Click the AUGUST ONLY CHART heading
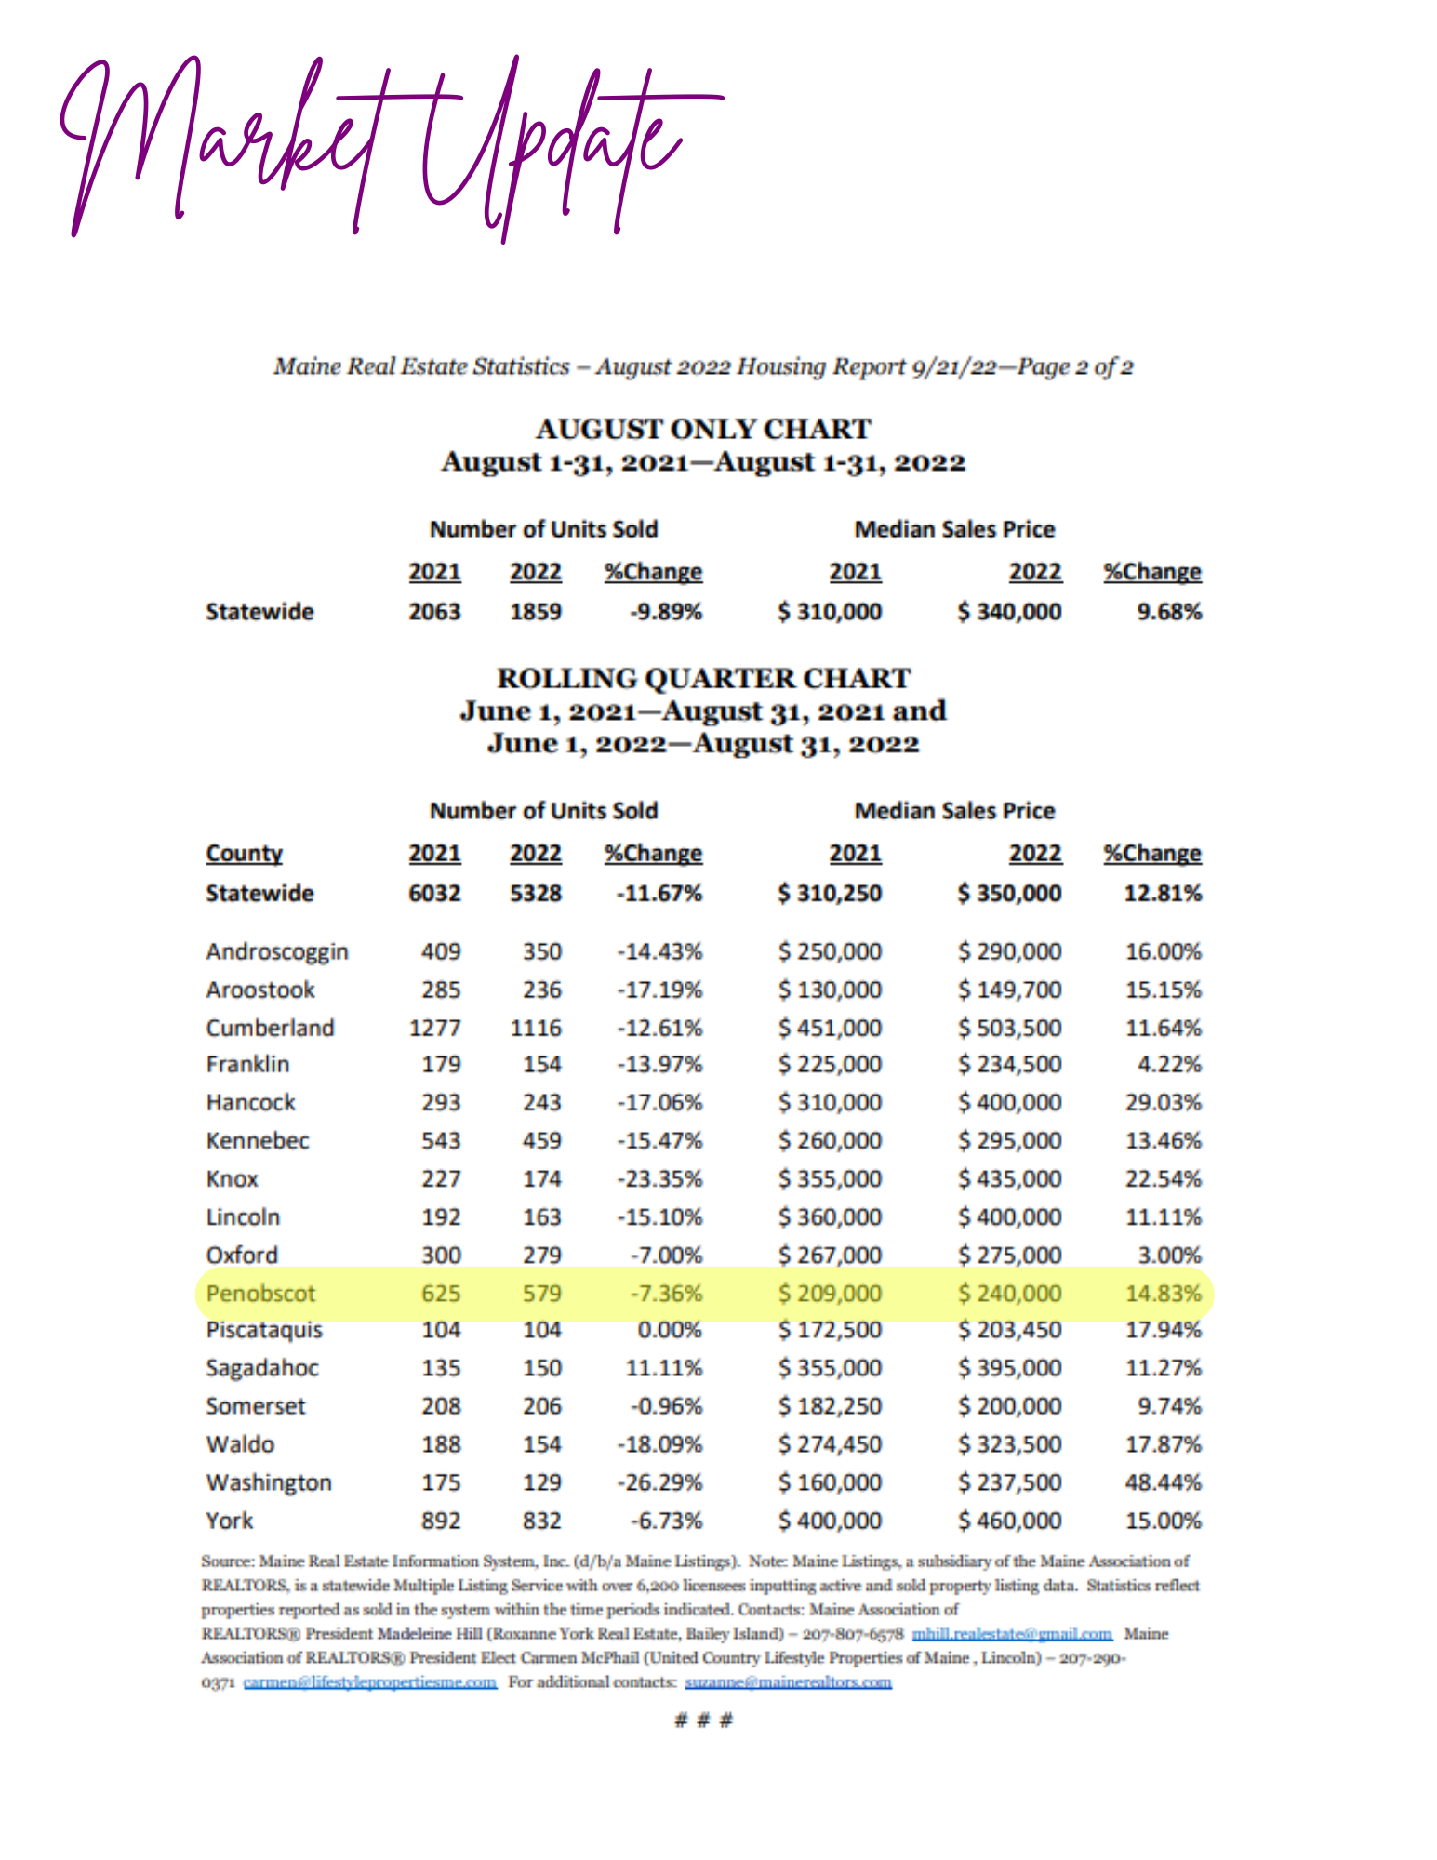pyautogui.click(x=703, y=429)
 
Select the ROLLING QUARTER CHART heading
pyautogui.click(x=703, y=678)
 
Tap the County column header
pyautogui.click(x=244, y=853)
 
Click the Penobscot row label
pyautogui.click(x=260, y=1293)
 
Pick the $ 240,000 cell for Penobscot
pyautogui.click(x=1009, y=1293)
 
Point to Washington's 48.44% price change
pyautogui.click(x=1163, y=1481)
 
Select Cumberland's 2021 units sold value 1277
pyautogui.click(x=434, y=1028)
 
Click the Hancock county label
pyautogui.click(x=250, y=1102)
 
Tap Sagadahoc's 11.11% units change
pyautogui.click(x=663, y=1368)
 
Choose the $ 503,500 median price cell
pyautogui.click(x=1009, y=1028)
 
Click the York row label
pyautogui.click(x=229, y=1521)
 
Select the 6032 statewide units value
pyautogui.click(x=434, y=893)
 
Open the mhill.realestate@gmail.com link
pyautogui.click(x=1012, y=1634)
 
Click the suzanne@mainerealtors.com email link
pyautogui.click(x=788, y=1682)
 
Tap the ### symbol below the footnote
pyautogui.click(x=703, y=1720)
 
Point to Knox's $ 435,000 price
pyautogui.click(x=1009, y=1178)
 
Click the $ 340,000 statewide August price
pyautogui.click(x=1009, y=612)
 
